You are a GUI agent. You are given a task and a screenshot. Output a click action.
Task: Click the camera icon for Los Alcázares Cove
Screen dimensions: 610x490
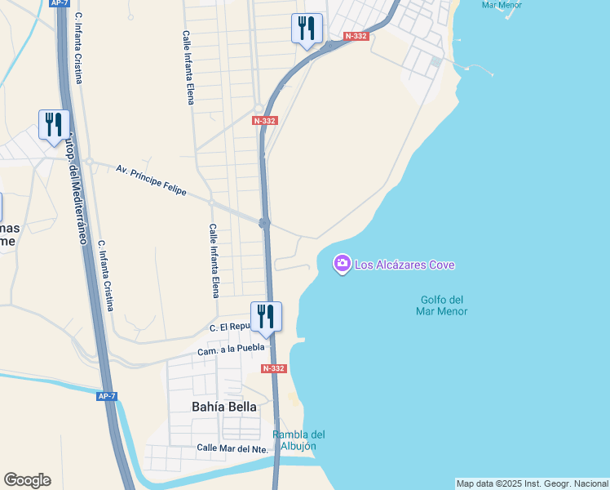[342, 264]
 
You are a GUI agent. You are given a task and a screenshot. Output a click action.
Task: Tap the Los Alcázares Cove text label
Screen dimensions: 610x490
[404, 265]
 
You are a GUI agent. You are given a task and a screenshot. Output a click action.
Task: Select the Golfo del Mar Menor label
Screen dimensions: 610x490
[441, 305]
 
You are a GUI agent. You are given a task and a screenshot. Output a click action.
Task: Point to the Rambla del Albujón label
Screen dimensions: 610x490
[298, 440]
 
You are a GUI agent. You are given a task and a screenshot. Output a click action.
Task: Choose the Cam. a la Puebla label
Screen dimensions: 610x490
[231, 350]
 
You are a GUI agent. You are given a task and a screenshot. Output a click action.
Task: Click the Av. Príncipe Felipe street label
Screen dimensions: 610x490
[152, 180]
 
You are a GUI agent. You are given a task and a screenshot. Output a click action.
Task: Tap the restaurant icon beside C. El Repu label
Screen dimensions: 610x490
[266, 316]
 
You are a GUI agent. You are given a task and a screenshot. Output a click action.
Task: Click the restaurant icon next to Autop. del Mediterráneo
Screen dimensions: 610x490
[54, 125]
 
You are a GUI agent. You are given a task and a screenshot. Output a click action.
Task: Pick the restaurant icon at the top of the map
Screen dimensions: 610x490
[307, 29]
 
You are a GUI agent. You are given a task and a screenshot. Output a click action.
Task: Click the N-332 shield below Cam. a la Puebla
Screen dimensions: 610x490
[273, 368]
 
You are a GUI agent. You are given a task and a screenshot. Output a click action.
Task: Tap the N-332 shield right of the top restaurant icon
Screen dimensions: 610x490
[356, 36]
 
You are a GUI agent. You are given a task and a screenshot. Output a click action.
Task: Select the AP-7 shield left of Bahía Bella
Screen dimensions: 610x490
[107, 396]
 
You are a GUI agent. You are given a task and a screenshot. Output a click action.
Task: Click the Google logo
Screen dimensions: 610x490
[27, 480]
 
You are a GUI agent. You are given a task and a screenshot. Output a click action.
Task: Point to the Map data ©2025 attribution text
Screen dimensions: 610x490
[532, 483]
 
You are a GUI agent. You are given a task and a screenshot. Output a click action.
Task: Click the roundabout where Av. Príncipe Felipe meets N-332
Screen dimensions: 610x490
[264, 223]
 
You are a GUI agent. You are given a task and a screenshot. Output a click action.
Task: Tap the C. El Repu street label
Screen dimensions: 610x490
[228, 327]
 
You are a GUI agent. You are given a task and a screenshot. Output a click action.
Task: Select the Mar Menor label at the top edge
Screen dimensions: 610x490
[501, 5]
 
